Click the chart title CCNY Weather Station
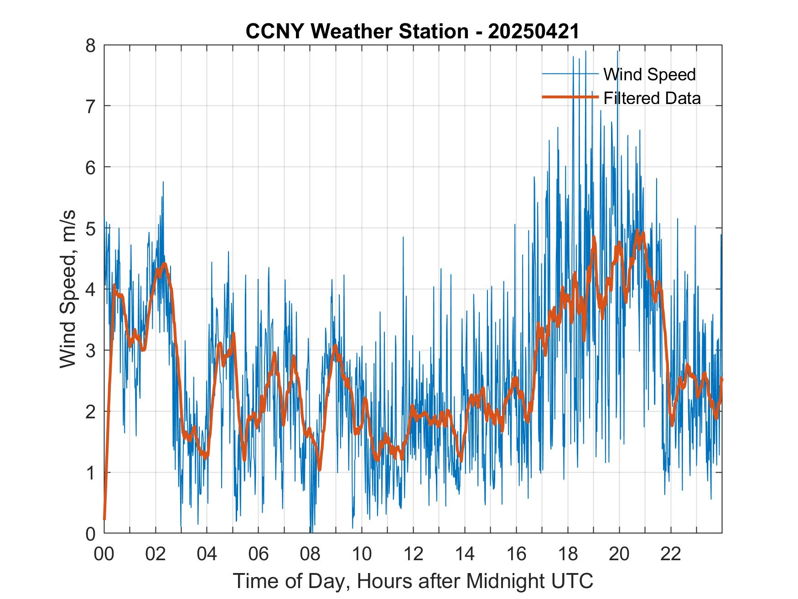[357, 31]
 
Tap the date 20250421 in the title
[534, 31]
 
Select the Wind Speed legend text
[649, 74]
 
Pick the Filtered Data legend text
[652, 98]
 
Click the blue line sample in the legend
[570, 74]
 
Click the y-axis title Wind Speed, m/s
[67, 290]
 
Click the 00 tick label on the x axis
[104, 554]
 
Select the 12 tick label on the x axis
[413, 554]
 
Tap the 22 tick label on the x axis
[671, 554]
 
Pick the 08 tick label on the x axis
[310, 554]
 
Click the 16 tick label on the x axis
[516, 554]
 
